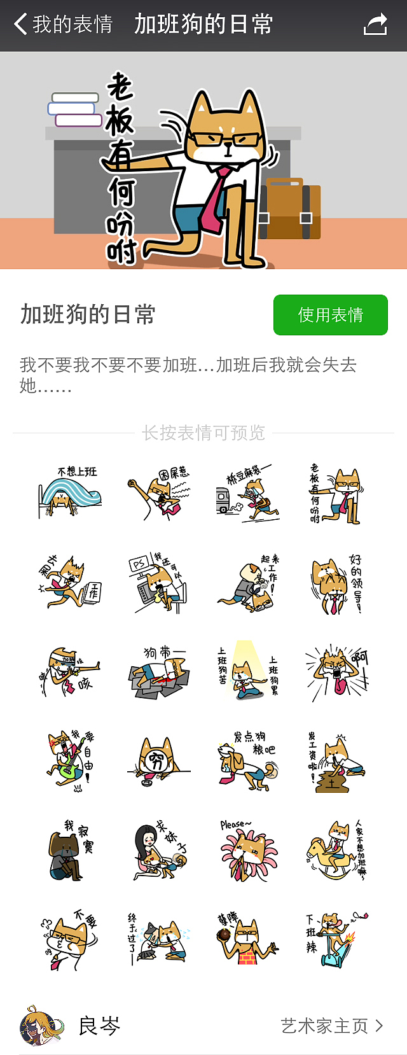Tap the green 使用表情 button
coord(330,314)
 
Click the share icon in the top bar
coord(375,25)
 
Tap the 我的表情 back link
coord(64,25)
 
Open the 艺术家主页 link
coord(331,1026)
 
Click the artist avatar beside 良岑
coord(41,1026)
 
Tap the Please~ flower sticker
coord(248,850)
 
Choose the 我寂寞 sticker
coord(70,850)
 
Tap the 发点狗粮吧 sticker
coord(248,761)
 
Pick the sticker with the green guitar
coord(70,761)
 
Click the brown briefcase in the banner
coord(291,210)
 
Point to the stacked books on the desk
coord(76,109)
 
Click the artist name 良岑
coord(99,1026)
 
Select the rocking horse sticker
coord(337,850)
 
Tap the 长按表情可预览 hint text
coord(203,433)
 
